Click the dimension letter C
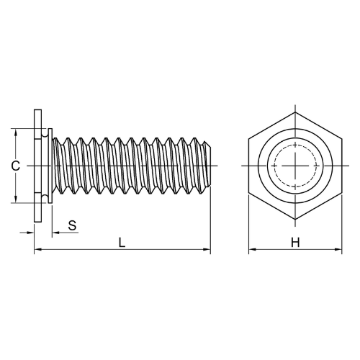[16, 166]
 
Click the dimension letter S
[72, 225]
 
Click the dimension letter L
[122, 243]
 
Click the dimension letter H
[295, 243]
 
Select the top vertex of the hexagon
[295, 112]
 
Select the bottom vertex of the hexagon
[295, 220]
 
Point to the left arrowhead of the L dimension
[37, 250]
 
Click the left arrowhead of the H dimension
[252, 250]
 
